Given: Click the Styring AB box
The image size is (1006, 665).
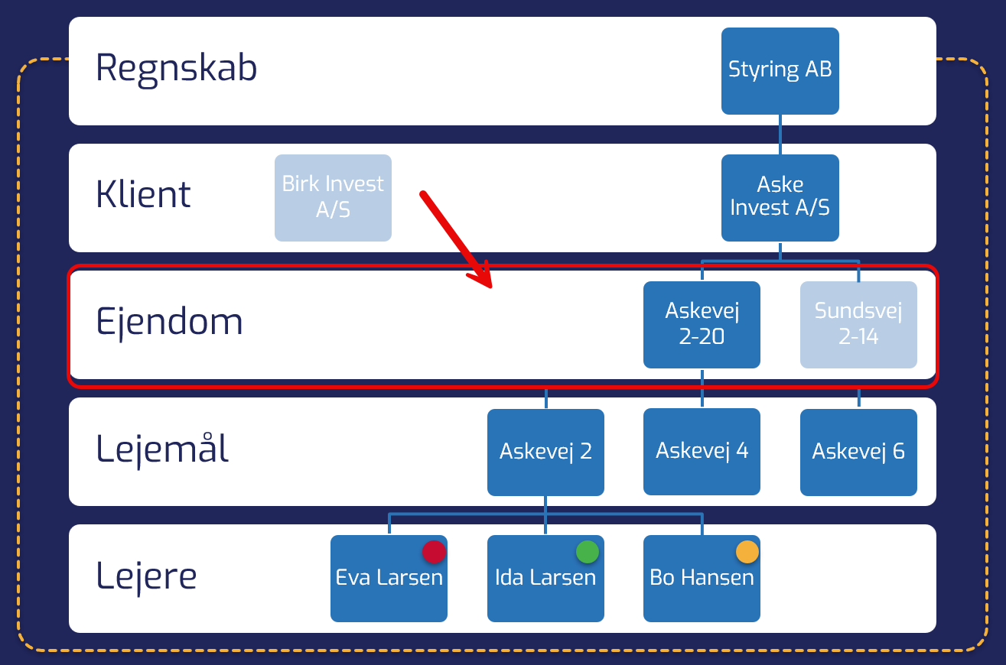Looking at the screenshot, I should pyautogui.click(x=780, y=70).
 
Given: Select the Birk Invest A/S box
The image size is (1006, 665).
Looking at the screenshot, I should pyautogui.click(x=333, y=197).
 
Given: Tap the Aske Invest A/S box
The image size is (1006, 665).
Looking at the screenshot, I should pyautogui.click(x=780, y=197).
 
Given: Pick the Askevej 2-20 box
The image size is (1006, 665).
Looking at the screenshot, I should pyautogui.click(x=702, y=324).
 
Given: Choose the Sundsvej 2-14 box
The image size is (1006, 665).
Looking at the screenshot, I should pyautogui.click(x=858, y=324).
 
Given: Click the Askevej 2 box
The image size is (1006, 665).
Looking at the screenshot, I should pyautogui.click(x=545, y=452).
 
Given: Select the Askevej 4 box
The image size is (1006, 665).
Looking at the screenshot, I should pyautogui.click(x=702, y=452).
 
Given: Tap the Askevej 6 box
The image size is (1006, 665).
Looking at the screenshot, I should pyautogui.click(x=858, y=452).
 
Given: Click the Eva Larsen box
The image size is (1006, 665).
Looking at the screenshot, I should pyautogui.click(x=389, y=579).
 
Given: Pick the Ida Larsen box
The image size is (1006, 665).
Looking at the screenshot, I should pyautogui.click(x=545, y=579).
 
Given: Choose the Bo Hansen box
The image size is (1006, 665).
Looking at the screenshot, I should pyautogui.click(x=702, y=579).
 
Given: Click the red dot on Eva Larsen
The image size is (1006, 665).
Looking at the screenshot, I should pyautogui.click(x=434, y=552).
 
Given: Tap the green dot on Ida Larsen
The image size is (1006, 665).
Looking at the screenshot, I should pyautogui.click(x=587, y=552).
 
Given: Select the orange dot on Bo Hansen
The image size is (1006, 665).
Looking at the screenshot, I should pyautogui.click(x=747, y=552).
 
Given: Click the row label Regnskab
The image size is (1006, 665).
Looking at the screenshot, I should pyautogui.click(x=176, y=69).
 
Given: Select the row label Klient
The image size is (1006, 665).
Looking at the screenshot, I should pyautogui.click(x=143, y=196).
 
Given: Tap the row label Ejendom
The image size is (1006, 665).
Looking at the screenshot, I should pyautogui.click(x=169, y=323).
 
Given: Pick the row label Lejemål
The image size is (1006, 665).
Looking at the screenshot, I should pyautogui.click(x=162, y=449).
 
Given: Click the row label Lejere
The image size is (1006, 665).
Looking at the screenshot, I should pyautogui.click(x=146, y=576).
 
